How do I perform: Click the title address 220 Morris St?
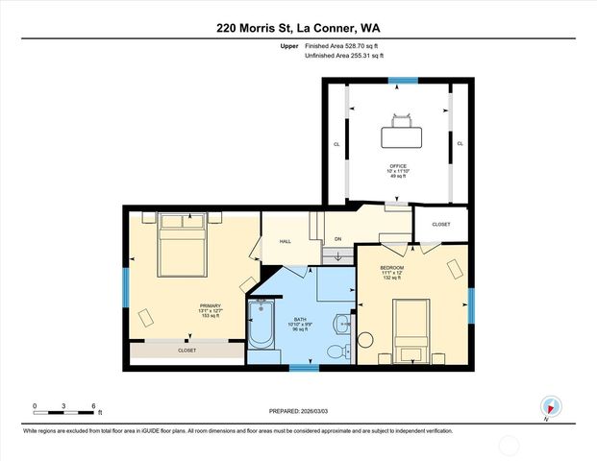[x=298, y=20]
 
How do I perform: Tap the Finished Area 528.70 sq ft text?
[x=344, y=45]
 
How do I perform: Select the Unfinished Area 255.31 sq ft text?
[x=343, y=57]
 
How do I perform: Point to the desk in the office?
[x=402, y=125]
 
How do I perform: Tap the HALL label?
[x=286, y=242]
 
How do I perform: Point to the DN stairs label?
[x=337, y=238]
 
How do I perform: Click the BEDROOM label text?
[x=391, y=267]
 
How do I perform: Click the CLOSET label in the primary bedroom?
[x=187, y=351]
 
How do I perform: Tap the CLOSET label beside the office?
[x=440, y=224]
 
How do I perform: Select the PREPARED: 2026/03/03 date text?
[x=298, y=411]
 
